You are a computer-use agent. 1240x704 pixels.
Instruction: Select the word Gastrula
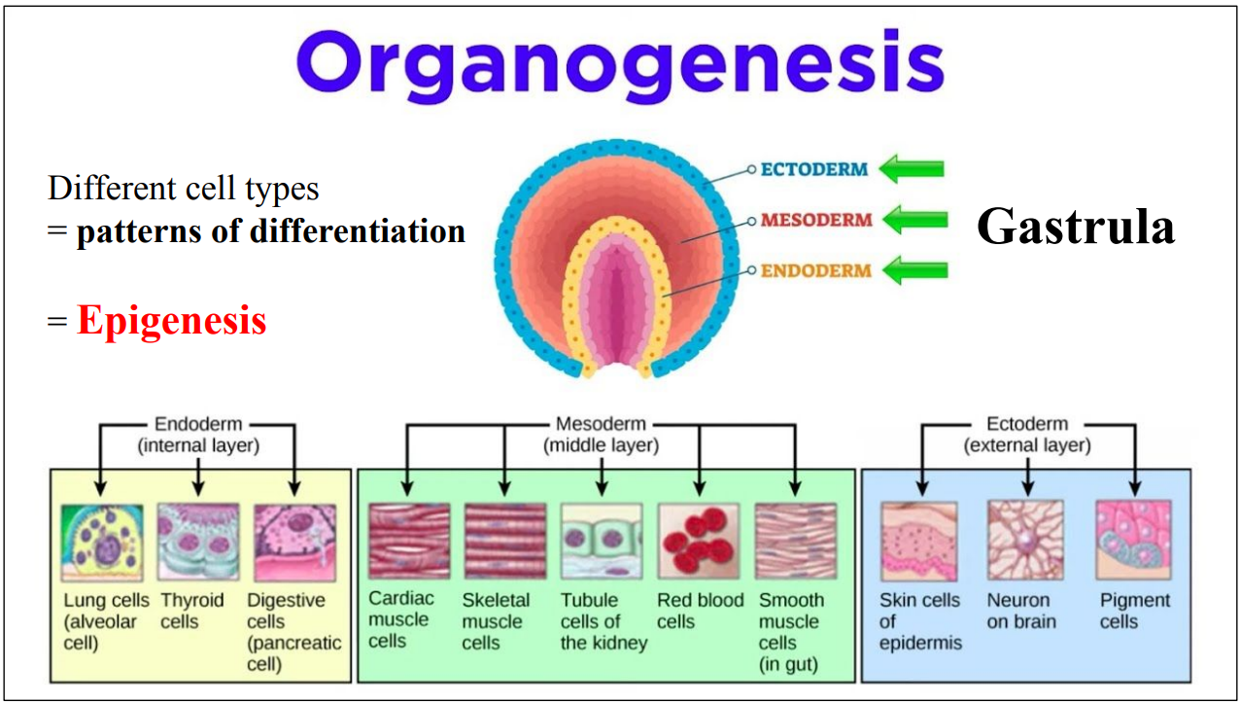(1075, 227)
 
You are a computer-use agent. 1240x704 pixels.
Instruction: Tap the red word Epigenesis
(171, 320)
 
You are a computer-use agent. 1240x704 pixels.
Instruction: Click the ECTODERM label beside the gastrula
(813, 169)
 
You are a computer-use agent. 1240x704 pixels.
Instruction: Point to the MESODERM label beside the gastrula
(816, 220)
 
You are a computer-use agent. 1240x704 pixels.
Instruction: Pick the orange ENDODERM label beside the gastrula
(815, 270)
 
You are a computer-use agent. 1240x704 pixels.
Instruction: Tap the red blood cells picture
(699, 542)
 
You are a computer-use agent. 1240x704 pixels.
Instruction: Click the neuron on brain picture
(1025, 541)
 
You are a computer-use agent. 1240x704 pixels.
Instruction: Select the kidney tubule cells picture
(602, 542)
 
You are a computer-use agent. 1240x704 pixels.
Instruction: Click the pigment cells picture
(1133, 541)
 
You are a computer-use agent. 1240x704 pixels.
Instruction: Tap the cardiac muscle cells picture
(409, 542)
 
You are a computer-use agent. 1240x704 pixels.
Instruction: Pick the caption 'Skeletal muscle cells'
(496, 621)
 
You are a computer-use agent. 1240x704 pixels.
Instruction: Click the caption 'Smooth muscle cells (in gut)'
(791, 632)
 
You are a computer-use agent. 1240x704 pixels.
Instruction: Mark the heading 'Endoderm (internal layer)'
(198, 435)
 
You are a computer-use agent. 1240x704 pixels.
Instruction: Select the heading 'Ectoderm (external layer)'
(1027, 435)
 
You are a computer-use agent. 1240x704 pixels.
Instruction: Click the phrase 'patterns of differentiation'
(270, 231)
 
